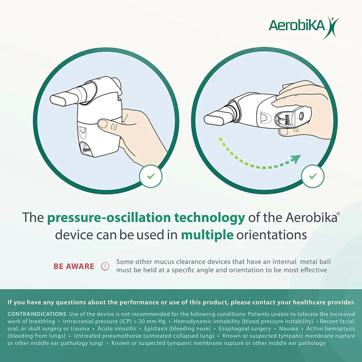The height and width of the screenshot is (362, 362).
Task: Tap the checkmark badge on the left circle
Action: [151, 176]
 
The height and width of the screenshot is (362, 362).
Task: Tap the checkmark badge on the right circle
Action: [313, 176]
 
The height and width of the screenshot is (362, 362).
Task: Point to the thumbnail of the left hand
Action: [103, 123]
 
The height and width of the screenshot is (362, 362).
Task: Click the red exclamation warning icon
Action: [105, 266]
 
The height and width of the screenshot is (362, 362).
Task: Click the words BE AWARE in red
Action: [74, 266]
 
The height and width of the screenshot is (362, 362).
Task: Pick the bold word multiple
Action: [207, 235]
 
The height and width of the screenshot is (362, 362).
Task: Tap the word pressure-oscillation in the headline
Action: [109, 218]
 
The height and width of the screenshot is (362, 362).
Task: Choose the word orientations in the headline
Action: [271, 235]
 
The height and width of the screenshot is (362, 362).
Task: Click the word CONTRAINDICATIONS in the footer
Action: [37, 314]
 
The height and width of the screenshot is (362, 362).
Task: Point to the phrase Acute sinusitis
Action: [117, 329]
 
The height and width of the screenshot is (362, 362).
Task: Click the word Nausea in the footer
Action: [289, 329]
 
